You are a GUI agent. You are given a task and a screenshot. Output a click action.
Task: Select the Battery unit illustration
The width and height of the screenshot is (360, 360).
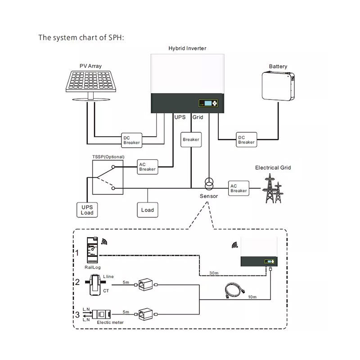click(278, 86)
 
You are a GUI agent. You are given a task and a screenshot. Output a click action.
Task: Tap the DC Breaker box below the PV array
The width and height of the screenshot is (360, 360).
click(131, 140)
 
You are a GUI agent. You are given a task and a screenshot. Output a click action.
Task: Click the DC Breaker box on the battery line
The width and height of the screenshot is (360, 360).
click(246, 139)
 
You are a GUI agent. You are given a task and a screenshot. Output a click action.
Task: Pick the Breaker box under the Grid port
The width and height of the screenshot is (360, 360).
click(191, 139)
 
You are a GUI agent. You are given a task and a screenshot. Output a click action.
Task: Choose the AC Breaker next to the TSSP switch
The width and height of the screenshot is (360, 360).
click(148, 167)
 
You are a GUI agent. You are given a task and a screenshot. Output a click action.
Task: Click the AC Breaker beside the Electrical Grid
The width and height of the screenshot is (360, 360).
click(239, 188)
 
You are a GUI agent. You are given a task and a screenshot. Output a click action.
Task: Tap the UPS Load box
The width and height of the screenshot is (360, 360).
click(87, 210)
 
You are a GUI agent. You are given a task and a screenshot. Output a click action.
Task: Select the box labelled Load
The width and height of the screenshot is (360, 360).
click(148, 210)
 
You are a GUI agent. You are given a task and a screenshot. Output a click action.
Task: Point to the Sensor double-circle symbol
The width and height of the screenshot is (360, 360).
click(209, 184)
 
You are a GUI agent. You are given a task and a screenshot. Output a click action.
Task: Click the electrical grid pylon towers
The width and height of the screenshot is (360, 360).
click(273, 189)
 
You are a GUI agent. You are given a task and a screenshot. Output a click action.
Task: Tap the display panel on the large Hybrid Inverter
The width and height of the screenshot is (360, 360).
click(208, 103)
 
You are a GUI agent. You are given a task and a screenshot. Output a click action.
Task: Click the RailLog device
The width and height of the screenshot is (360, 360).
click(92, 250)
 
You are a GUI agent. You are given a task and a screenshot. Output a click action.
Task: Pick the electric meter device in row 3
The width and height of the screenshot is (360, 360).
click(101, 314)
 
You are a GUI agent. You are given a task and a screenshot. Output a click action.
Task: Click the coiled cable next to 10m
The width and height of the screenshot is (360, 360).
click(234, 290)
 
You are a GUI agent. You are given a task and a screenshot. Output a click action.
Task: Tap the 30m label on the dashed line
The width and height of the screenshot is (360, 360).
click(214, 273)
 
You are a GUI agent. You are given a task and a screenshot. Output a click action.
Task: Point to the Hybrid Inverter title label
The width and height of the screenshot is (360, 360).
click(187, 48)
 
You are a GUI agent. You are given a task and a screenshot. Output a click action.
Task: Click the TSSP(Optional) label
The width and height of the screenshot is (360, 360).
click(108, 157)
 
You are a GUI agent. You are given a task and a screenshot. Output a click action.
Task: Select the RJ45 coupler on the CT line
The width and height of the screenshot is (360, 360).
click(145, 285)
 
